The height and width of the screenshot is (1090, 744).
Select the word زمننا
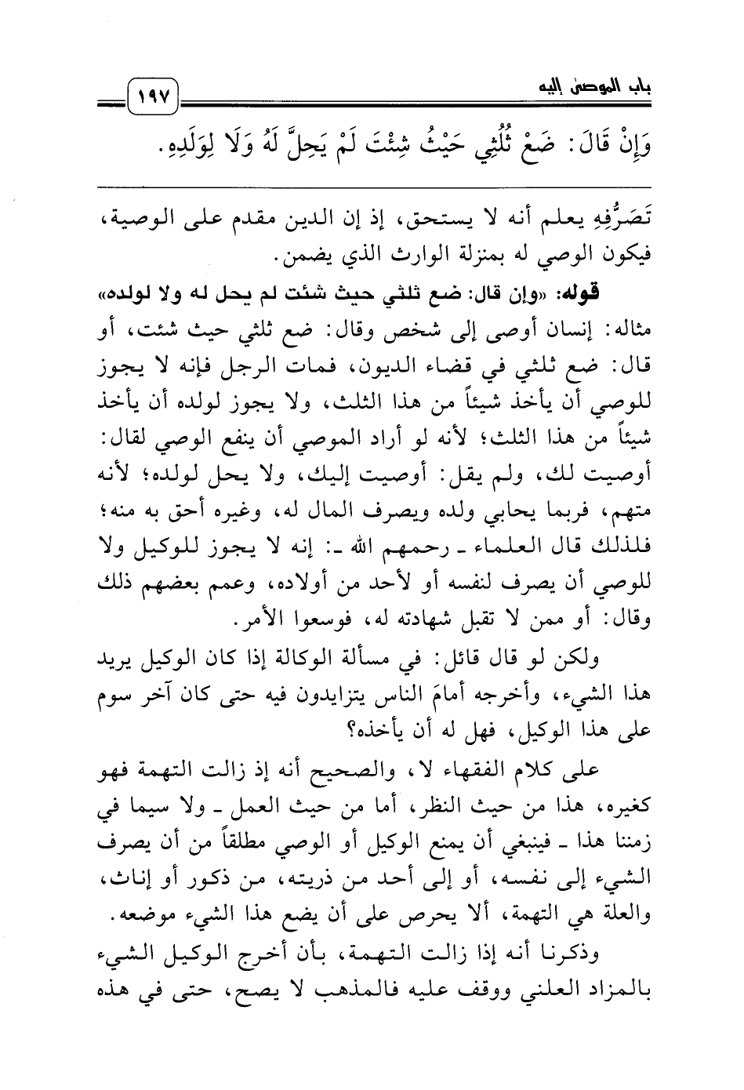click(625, 841)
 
